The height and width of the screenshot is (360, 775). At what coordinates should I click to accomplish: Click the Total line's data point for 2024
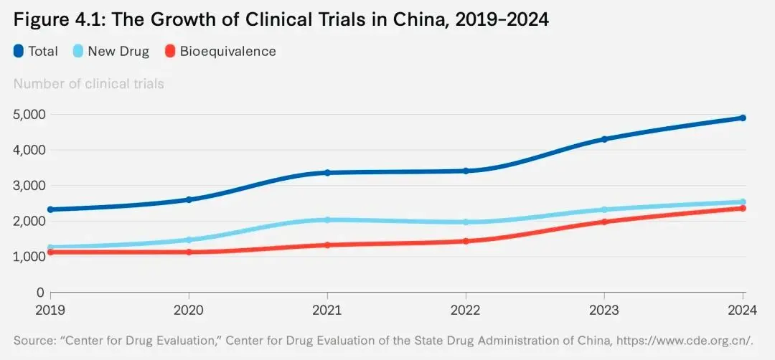click(743, 118)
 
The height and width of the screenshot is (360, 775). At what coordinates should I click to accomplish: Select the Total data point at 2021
click(327, 173)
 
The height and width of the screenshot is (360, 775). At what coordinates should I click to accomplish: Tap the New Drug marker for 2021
click(327, 220)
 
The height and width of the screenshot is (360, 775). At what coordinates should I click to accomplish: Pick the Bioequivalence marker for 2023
click(604, 222)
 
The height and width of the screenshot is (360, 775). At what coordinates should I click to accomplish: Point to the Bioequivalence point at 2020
click(189, 252)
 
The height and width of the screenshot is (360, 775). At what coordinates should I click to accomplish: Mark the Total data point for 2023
click(604, 139)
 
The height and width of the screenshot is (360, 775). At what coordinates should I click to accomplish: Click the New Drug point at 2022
click(466, 222)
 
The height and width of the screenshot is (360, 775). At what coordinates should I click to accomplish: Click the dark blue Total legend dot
click(19, 51)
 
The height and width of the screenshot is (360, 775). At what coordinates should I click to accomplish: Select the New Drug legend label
click(118, 51)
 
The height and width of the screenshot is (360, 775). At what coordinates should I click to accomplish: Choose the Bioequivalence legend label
click(227, 51)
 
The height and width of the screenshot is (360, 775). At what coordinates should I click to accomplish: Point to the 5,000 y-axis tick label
click(29, 114)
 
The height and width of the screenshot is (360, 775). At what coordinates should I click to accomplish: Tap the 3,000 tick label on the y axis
click(29, 186)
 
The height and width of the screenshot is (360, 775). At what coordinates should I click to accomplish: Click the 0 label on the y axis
click(39, 293)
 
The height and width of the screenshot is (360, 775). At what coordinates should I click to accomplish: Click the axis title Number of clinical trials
click(88, 84)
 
